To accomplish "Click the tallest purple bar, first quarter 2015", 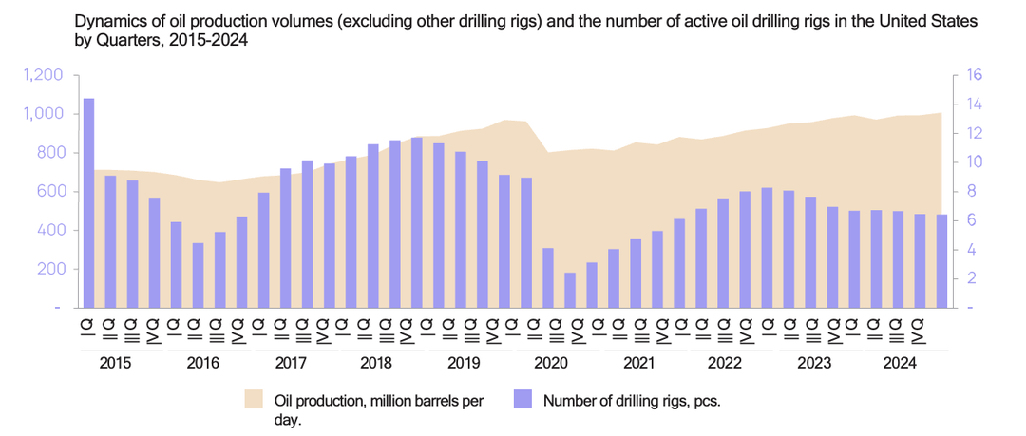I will click(x=88, y=202).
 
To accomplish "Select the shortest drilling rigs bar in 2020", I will click(x=570, y=290).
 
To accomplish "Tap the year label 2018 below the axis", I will click(x=376, y=364).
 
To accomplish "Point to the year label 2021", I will click(x=638, y=364).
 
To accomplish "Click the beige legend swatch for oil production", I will click(x=254, y=400).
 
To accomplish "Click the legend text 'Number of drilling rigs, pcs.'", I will click(x=632, y=401).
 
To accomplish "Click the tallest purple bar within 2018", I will click(x=416, y=222).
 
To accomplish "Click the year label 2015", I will click(x=115, y=364).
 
